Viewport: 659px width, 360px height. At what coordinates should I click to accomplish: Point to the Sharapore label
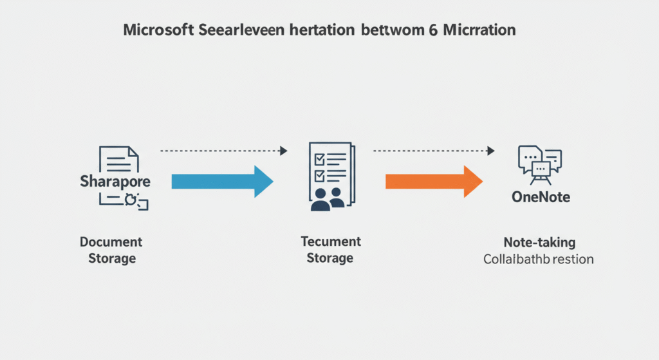(x=115, y=181)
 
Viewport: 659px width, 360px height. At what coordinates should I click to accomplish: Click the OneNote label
(x=541, y=197)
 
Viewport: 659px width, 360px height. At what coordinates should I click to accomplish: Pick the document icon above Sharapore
(x=118, y=158)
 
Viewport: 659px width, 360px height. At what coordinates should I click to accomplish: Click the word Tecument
(x=331, y=242)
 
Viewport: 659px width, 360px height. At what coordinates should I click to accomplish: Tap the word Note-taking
(x=539, y=243)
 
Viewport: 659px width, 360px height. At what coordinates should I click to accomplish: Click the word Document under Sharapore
(x=111, y=242)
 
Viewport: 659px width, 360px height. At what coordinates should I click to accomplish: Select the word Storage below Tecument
(x=330, y=258)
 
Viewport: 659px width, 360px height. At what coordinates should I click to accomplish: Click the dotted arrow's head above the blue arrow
(x=283, y=151)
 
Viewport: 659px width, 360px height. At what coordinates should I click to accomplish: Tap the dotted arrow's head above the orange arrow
(x=491, y=151)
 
